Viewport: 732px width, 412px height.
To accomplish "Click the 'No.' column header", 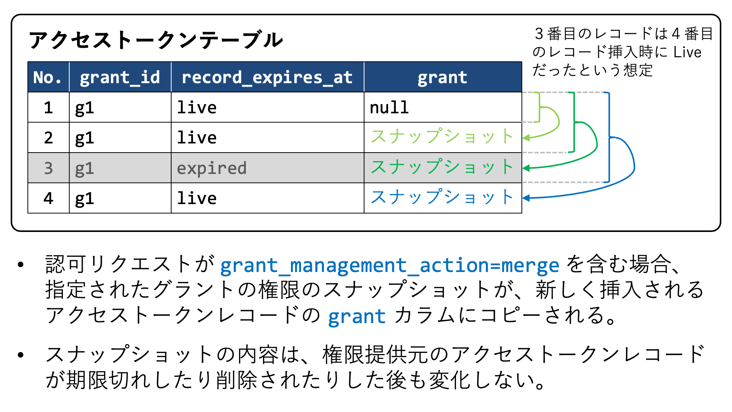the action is [48, 77].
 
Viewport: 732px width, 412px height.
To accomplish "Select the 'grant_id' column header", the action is [120, 77].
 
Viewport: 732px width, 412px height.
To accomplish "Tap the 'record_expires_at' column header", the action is [268, 77].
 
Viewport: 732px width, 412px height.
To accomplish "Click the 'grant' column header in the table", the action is [443, 77].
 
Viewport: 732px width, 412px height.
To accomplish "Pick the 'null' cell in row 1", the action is [443, 107].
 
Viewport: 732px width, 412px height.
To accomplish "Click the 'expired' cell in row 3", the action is [268, 168].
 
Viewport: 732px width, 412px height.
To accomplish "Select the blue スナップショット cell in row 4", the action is [443, 198].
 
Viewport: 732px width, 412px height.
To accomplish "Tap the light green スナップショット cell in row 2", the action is [443, 137].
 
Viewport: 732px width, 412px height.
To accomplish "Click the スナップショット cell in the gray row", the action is [443, 168].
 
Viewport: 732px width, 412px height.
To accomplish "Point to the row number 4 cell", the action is [48, 198].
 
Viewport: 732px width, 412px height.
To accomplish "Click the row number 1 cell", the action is [48, 107].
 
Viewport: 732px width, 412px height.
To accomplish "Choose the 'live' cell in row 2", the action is [268, 137].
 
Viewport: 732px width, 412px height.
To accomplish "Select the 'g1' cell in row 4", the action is [120, 198].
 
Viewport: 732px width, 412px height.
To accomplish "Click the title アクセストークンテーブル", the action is [156, 40].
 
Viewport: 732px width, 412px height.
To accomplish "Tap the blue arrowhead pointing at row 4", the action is [526, 198].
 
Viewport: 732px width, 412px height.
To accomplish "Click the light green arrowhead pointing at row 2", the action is [526, 138].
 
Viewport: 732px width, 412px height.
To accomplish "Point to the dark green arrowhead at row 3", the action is [526, 168].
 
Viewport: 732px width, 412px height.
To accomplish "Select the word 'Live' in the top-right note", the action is [687, 52].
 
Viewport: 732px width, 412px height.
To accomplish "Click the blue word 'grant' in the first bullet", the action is [357, 317].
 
